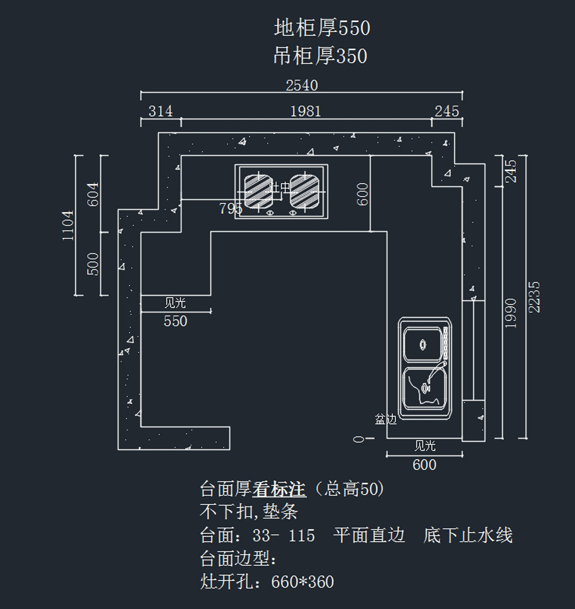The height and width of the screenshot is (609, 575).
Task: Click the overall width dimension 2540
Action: click(x=302, y=85)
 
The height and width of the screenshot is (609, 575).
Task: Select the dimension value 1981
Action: click(x=306, y=111)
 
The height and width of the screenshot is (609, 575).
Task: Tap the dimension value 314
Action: click(x=160, y=111)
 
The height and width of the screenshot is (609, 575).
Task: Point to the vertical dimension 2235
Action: click(x=535, y=297)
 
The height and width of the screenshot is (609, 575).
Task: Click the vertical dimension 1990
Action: click(x=511, y=313)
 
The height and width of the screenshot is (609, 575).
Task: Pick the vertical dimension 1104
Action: click(x=68, y=225)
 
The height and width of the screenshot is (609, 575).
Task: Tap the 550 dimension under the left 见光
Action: click(x=175, y=321)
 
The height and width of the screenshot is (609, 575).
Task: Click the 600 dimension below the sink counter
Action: click(x=425, y=465)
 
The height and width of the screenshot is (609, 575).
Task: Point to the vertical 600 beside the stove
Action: click(x=363, y=194)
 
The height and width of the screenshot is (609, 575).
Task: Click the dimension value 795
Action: click(x=230, y=209)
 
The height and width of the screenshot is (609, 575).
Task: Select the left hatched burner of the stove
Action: click(x=258, y=191)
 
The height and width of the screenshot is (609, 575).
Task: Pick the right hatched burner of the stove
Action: click(x=304, y=191)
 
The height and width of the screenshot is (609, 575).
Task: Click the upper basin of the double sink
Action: click(x=423, y=344)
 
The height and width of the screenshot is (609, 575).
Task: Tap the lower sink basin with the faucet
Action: click(x=425, y=388)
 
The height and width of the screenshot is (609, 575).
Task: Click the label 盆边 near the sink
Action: click(x=386, y=420)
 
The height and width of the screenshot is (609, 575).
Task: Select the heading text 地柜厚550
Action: click(x=322, y=28)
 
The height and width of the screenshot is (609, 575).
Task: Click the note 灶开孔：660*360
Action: click(x=267, y=582)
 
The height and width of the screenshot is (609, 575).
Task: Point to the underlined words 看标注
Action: click(x=279, y=490)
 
